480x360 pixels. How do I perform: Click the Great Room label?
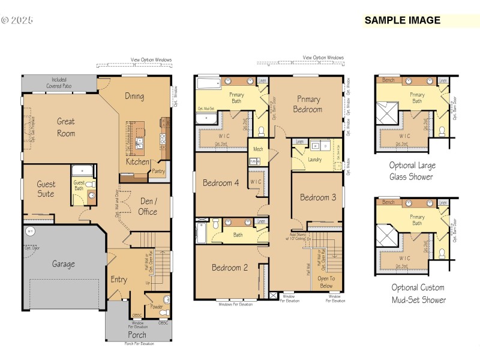coord(66,127)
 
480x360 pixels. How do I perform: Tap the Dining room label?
coord(134,96)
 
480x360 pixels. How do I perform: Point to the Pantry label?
coord(158,172)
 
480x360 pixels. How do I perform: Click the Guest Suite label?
coord(46,189)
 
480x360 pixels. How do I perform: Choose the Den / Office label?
coord(148,206)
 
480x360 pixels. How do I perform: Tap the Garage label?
coord(63,264)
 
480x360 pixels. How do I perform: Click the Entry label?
coord(119,280)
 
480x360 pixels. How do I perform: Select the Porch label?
coord(137,335)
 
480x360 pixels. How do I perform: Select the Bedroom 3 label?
coord(318,197)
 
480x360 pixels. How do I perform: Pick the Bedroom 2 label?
coord(230,268)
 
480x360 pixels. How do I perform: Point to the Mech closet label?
coord(258,149)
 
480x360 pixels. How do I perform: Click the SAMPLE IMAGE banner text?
coord(403,20)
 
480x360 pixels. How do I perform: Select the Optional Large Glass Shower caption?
coord(412,170)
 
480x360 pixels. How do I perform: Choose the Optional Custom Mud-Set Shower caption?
coord(419,293)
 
